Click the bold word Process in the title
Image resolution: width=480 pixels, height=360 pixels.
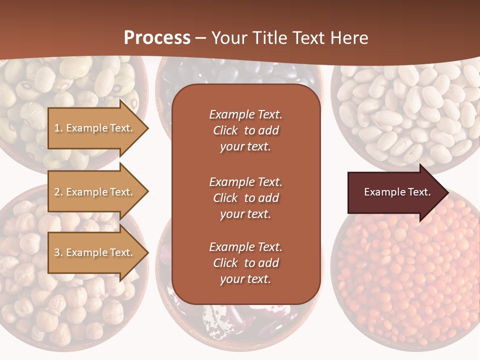tap(157, 37)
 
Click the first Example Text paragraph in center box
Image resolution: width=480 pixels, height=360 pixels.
tap(245, 130)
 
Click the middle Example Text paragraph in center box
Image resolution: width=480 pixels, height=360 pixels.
tap(245, 198)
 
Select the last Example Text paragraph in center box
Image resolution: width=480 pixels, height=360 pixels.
tap(245, 263)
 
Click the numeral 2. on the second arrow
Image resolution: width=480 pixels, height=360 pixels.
tap(58, 192)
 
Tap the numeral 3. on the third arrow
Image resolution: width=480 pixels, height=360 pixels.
tap(58, 252)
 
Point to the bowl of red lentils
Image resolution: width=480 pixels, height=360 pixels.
tap(405, 280)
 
